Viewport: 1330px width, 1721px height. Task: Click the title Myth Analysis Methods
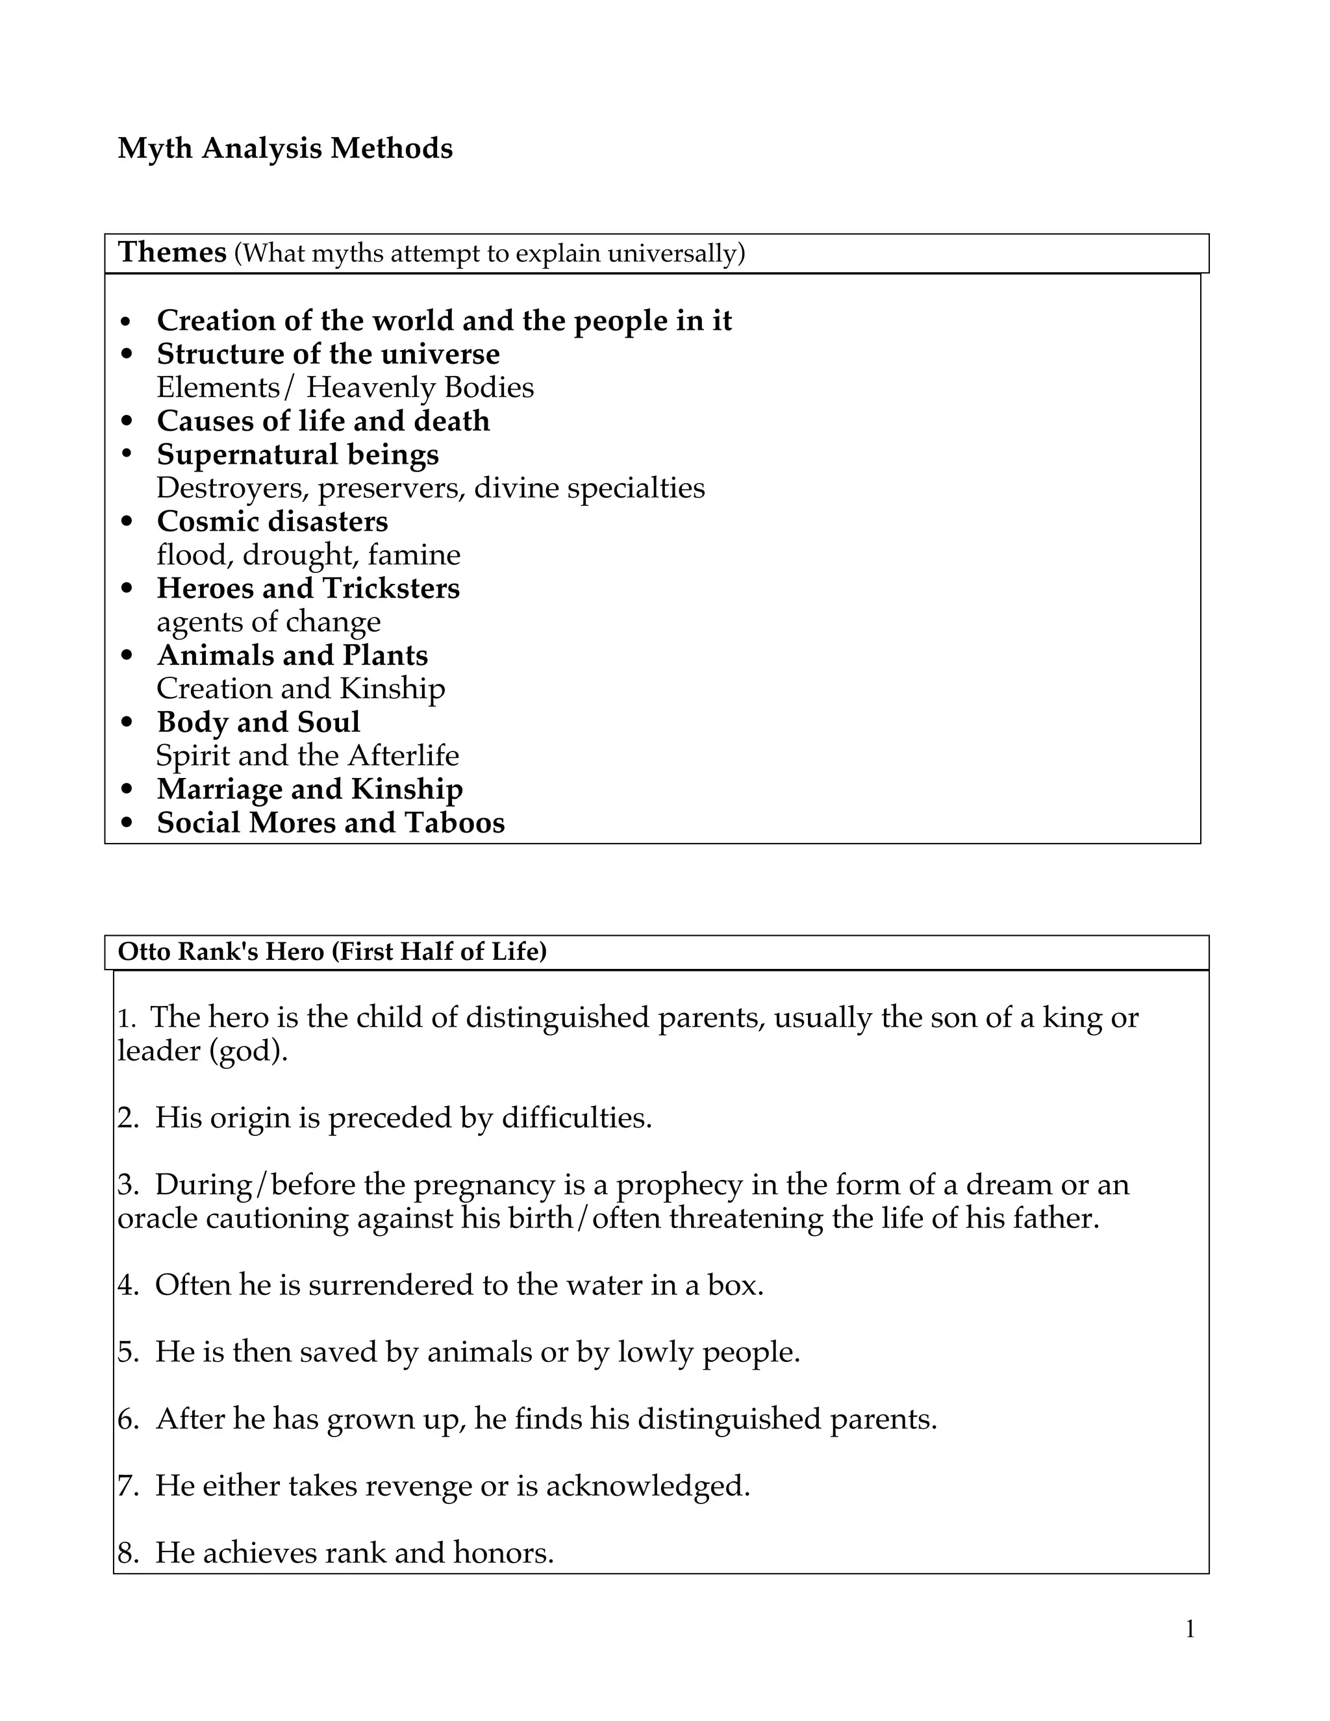pos(284,148)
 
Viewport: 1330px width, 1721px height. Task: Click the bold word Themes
pos(171,253)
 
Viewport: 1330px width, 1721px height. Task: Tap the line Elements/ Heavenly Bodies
pos(344,388)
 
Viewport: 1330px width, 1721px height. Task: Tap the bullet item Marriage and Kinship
pos(309,790)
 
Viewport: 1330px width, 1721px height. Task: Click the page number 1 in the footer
pos(1190,1629)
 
